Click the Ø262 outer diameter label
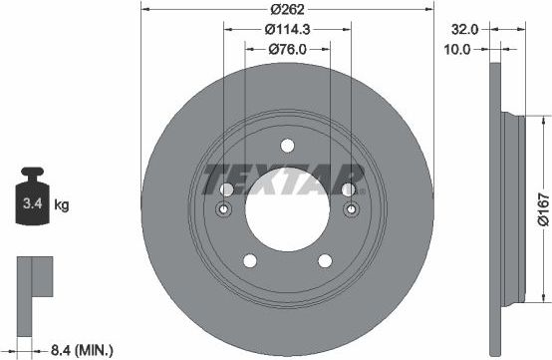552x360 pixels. tap(287, 9)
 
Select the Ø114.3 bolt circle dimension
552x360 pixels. tap(287, 29)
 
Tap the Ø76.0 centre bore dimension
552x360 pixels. tap(287, 49)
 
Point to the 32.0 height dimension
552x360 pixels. tap(464, 29)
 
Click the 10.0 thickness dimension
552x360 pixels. tap(457, 49)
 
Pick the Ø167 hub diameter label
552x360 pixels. tap(544, 208)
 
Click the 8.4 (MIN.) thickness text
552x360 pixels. tap(82, 350)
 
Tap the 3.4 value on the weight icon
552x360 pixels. tap(33, 203)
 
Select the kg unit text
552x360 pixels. tap(62, 204)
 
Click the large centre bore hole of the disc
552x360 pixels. tap(287, 209)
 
